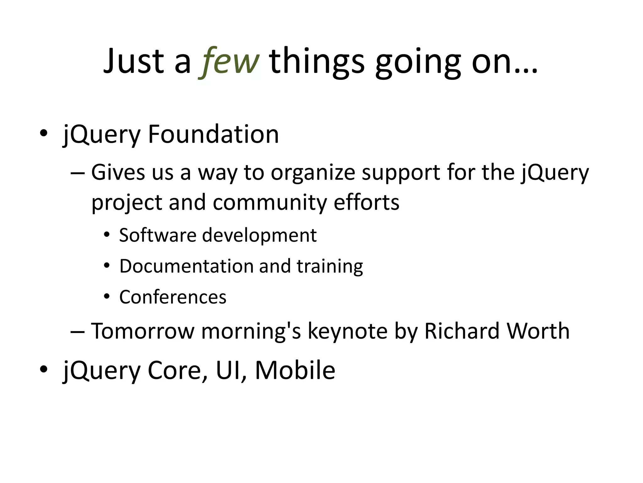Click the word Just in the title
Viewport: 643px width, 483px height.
click(134, 61)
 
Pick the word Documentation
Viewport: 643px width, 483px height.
click(186, 266)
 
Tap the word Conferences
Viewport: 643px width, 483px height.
click(173, 297)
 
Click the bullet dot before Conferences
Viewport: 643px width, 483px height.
click(107, 296)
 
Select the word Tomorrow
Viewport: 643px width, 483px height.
click(143, 331)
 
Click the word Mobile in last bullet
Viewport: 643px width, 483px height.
click(295, 370)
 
